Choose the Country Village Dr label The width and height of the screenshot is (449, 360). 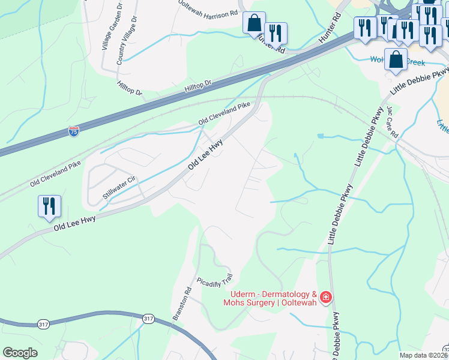[127, 41]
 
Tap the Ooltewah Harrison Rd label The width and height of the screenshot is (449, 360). [208, 8]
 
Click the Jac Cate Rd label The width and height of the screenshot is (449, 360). [393, 122]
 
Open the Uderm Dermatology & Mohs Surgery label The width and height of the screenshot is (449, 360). [274, 298]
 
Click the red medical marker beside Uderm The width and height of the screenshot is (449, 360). [326, 297]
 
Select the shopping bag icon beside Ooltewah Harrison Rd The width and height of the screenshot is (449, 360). [254, 23]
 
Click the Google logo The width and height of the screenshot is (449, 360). [20, 353]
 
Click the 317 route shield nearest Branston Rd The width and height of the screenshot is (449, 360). [148, 319]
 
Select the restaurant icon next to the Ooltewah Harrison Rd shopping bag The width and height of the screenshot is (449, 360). [276, 33]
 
